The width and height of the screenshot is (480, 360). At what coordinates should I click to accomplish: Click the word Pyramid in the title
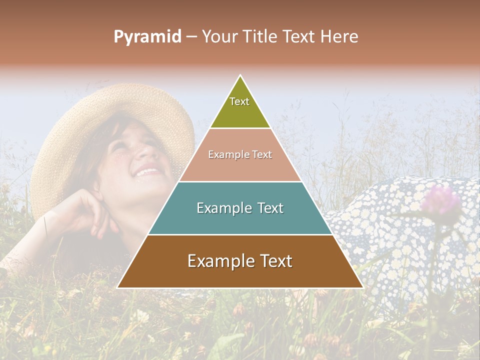tap(147, 37)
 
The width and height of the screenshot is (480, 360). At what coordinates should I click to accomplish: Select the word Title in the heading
tap(260, 36)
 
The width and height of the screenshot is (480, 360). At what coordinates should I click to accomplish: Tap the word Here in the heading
tap(339, 36)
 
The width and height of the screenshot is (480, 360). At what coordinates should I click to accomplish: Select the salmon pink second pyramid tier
tap(240, 167)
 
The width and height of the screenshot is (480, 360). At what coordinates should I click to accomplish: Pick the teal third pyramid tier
tap(240, 220)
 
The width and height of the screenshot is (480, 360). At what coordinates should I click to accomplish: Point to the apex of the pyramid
tap(240, 76)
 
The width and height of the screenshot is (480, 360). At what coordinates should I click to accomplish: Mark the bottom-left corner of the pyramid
tap(118, 287)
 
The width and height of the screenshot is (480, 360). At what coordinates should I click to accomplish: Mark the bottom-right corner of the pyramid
tap(362, 287)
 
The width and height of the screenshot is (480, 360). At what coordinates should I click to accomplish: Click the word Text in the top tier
tap(239, 101)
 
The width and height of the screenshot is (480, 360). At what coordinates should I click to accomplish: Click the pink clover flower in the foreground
tap(440, 200)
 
